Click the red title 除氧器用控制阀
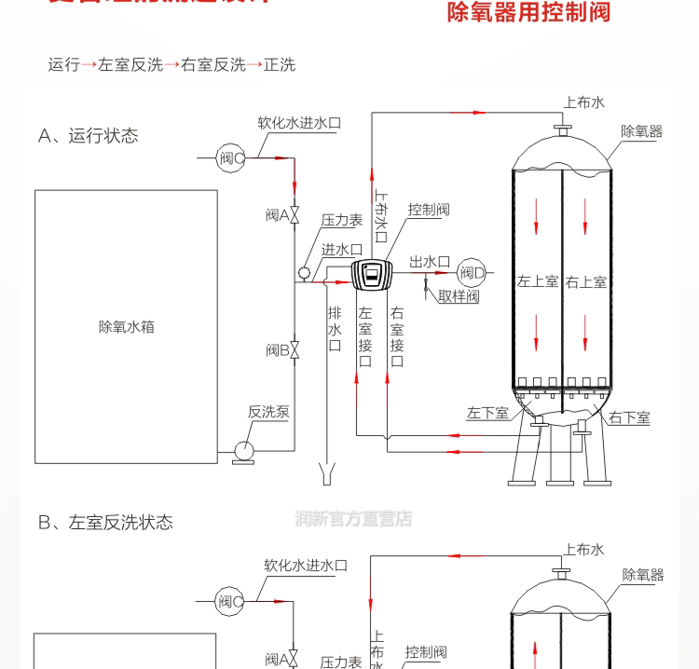point(528,14)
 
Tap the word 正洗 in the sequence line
point(279,65)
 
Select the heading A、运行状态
point(88,136)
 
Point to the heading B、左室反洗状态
point(105,523)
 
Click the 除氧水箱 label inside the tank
point(126,327)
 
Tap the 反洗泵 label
point(268,411)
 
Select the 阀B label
point(276,350)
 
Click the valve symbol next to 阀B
point(295,350)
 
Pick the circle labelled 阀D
point(473,273)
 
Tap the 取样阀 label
point(459,296)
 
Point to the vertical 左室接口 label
point(364,337)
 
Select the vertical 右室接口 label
point(397,337)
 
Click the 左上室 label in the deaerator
point(538,281)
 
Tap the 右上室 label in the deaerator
point(586,281)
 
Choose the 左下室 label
point(487,413)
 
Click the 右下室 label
point(630,418)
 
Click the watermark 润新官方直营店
point(353,519)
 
